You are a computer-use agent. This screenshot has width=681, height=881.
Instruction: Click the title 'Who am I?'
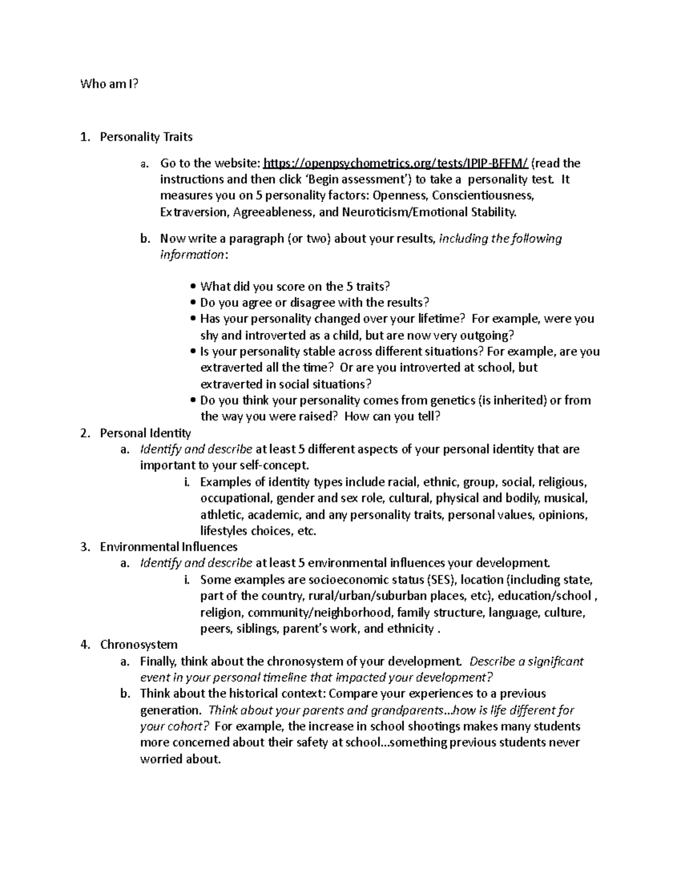109,85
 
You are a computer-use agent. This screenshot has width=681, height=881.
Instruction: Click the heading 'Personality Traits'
146,137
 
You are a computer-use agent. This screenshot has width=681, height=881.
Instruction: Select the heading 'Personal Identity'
145,433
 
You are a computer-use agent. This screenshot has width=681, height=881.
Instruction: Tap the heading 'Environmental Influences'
169,547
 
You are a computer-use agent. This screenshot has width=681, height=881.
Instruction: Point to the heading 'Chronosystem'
138,645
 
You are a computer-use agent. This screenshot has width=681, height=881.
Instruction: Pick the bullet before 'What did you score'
194,286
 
